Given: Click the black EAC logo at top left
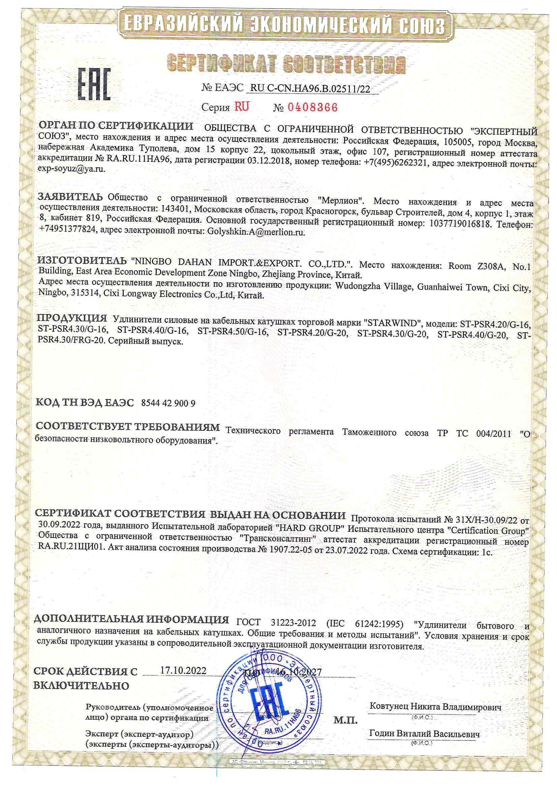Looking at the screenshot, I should (94, 84).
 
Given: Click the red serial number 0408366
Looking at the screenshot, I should (312, 108).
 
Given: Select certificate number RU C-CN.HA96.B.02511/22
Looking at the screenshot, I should (310, 89).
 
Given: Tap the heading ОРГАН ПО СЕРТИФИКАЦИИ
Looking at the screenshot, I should (116, 126).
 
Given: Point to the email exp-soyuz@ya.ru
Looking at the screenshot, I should (71, 169).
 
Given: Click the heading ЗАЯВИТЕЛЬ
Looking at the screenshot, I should (70, 197).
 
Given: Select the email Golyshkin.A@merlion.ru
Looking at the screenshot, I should (256, 232).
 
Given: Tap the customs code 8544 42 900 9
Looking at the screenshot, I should (168, 403).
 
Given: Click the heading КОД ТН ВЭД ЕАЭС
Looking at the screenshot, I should (85, 402).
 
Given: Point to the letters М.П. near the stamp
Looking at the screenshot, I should (345, 720).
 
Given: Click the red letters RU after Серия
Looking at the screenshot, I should (242, 107).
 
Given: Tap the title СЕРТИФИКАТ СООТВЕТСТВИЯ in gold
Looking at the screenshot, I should (286, 64).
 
